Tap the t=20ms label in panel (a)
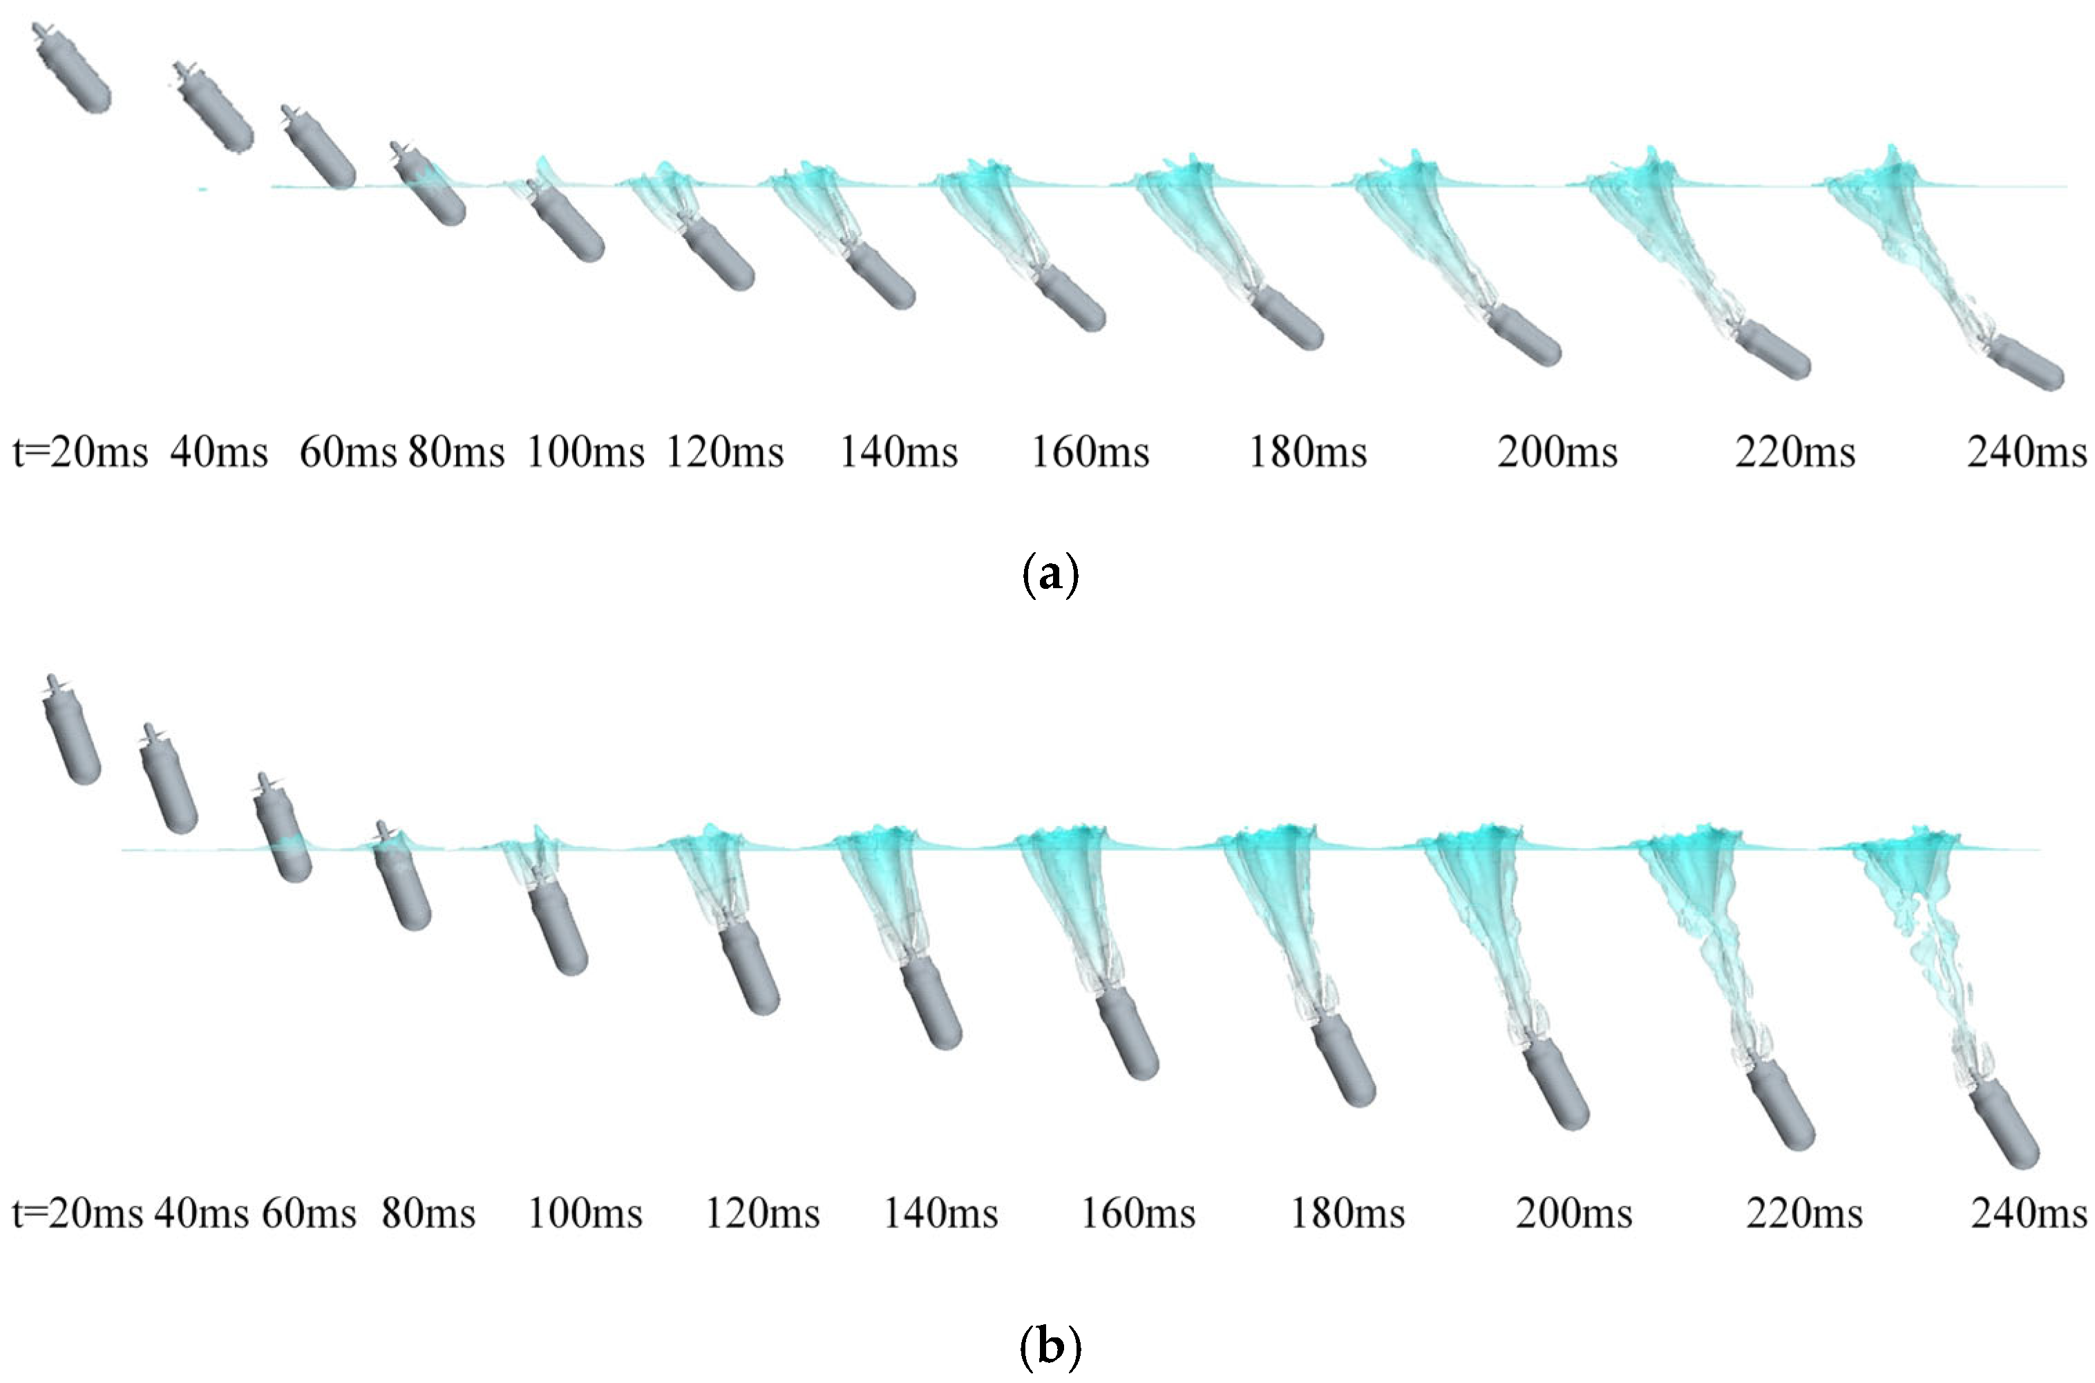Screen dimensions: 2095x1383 coord(80,453)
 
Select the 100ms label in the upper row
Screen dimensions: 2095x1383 coord(585,453)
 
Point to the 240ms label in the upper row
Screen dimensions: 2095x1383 coord(2026,453)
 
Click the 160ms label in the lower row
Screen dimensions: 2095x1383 coord(1137,1214)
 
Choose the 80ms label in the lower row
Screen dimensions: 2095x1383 coord(428,1214)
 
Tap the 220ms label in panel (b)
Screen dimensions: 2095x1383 coord(1804,1214)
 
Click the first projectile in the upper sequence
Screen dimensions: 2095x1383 coord(74,70)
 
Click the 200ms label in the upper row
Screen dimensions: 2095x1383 coord(1557,453)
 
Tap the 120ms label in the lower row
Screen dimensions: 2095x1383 coord(762,1214)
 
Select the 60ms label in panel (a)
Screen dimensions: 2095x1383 coord(348,453)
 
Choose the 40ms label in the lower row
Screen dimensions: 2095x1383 coord(201,1214)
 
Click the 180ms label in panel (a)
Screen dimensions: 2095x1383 coord(1307,453)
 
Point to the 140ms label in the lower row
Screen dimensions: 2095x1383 coord(941,1214)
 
